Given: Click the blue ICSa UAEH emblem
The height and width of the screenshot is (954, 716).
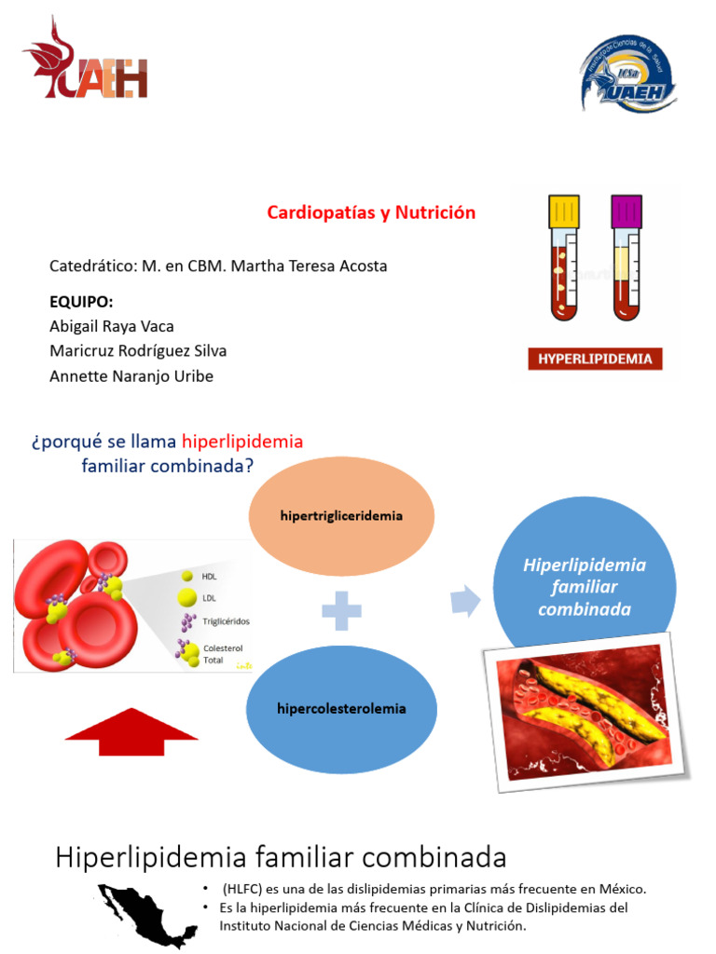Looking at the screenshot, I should point(626,75).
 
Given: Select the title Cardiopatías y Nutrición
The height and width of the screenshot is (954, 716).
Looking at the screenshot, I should point(371,212).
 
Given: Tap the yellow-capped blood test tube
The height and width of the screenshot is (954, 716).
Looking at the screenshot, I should point(564,256).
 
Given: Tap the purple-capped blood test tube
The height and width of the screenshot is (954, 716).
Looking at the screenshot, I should point(626,256).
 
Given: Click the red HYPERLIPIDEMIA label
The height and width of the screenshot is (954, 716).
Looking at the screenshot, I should point(595,359).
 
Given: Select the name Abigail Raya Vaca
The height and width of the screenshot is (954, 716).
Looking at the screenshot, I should point(111,326).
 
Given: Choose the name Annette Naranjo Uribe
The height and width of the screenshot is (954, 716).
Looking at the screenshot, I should point(131,376).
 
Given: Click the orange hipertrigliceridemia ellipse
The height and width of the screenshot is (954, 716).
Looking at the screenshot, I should point(341,516).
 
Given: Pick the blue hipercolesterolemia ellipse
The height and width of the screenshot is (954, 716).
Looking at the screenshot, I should point(341,708).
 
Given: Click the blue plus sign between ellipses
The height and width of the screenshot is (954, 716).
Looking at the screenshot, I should point(341,612).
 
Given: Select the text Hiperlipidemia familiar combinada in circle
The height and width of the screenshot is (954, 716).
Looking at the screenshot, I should point(585,587).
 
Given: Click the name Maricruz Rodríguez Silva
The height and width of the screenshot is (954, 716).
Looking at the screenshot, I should point(137,351).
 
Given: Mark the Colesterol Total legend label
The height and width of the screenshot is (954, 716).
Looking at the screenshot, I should point(224,653).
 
